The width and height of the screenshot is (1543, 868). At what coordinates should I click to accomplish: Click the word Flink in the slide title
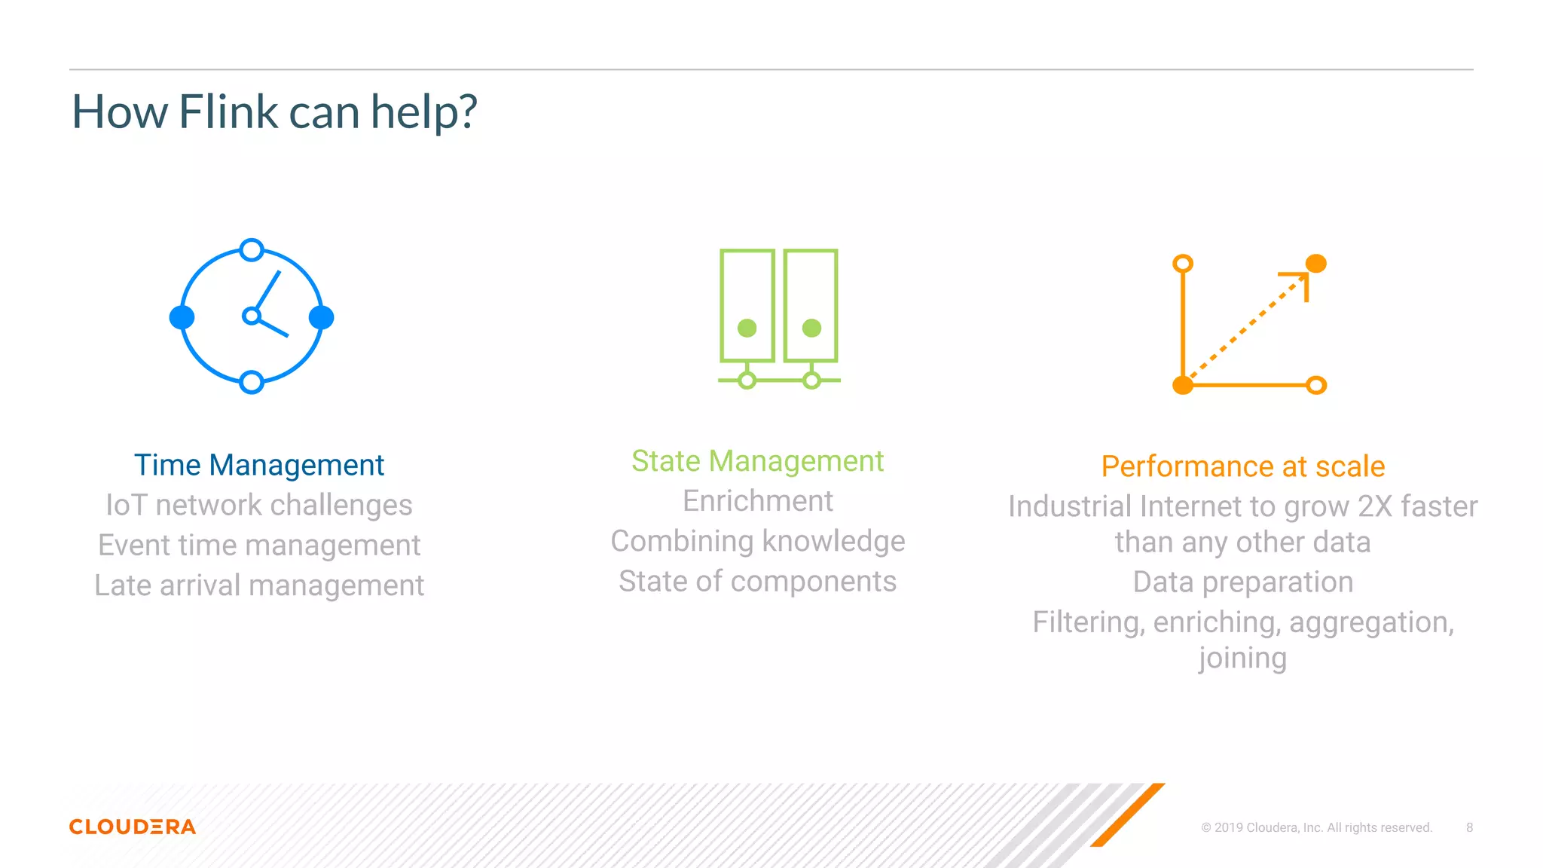coord(228,112)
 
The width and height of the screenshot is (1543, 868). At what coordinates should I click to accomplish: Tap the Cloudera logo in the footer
coord(133,827)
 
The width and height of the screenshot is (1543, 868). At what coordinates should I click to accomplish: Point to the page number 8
coord(1469,827)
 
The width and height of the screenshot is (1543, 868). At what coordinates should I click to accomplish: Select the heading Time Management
coord(258,465)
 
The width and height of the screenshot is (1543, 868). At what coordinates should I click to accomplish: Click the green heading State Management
coord(757,460)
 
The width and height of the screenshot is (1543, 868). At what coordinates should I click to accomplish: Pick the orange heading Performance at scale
coord(1242,466)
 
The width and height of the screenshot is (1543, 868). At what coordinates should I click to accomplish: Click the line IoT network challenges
coord(258,505)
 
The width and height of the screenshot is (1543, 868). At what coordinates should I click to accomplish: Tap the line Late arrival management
coord(258,585)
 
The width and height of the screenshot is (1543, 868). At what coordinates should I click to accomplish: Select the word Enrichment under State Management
coord(757,501)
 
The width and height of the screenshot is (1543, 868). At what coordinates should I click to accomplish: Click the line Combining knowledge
coord(757,541)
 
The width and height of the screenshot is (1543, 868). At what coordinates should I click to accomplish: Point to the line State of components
coord(757,582)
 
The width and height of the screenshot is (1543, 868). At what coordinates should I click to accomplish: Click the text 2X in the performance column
coord(1375,506)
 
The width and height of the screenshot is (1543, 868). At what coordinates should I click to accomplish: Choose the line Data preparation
coord(1242,582)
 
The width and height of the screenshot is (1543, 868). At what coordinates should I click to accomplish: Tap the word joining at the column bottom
coord(1242,658)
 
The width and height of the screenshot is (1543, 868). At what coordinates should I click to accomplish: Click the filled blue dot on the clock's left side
coord(182,317)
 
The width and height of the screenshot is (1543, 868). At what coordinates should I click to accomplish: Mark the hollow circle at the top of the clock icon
coord(252,249)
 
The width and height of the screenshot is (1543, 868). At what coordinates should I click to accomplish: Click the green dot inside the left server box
coord(747,328)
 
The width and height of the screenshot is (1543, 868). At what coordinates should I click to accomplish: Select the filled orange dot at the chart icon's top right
coord(1315,263)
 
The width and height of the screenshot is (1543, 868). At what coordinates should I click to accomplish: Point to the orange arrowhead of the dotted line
coord(1300,280)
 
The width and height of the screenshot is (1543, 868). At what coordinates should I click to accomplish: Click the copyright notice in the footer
coord(1316,827)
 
